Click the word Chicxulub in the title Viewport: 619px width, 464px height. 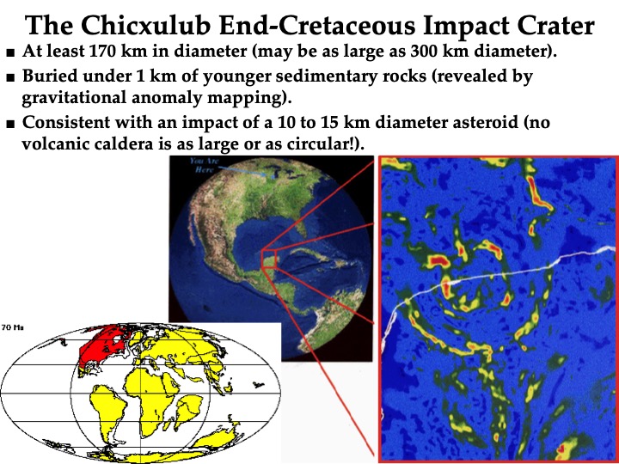(x=145, y=25)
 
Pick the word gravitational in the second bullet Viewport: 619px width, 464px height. (x=73, y=97)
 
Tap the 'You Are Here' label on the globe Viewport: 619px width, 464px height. (x=204, y=165)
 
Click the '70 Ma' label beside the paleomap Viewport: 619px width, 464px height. (x=12, y=327)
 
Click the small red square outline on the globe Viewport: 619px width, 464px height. (x=269, y=259)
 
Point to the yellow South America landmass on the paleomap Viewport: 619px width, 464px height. (x=108, y=411)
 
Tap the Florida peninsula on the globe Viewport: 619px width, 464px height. (x=302, y=229)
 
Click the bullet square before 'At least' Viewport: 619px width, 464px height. (x=10, y=52)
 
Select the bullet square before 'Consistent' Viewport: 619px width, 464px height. (x=10, y=124)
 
